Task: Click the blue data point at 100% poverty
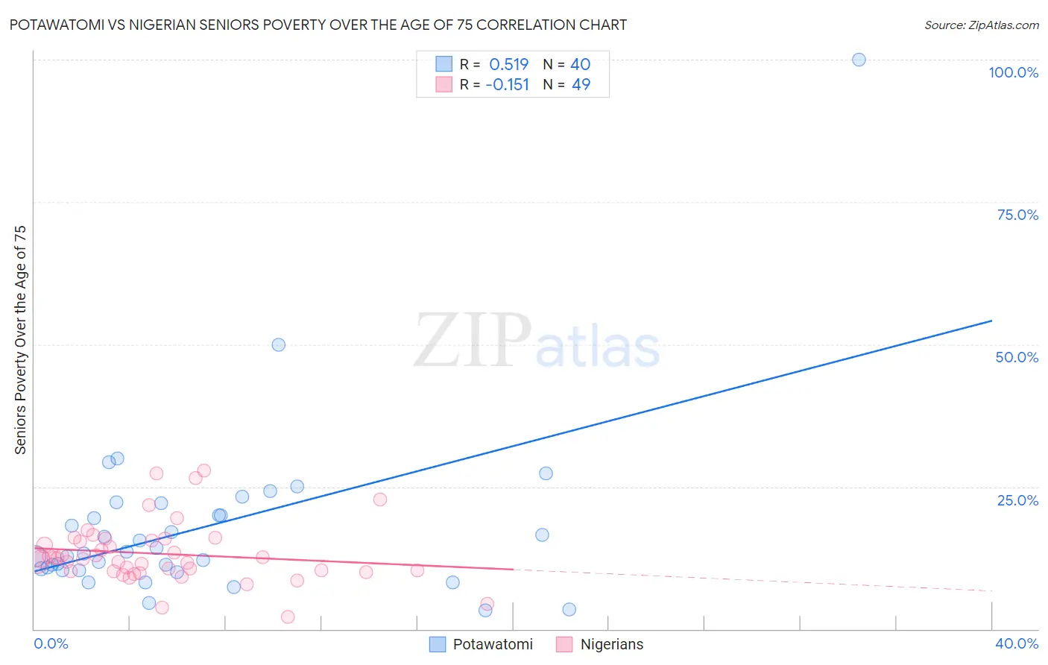click(859, 60)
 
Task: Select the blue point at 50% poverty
click(279, 344)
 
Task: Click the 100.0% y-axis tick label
click(1013, 72)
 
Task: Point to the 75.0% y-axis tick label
click(1017, 215)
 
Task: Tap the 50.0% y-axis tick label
click(1017, 357)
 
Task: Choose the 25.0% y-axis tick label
click(1017, 500)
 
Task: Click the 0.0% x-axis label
click(51, 643)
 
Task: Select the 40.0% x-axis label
click(1017, 643)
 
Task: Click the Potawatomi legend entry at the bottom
click(493, 644)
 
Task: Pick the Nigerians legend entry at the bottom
click(611, 644)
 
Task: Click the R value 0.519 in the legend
click(508, 65)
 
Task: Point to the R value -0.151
click(507, 85)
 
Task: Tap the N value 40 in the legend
click(580, 65)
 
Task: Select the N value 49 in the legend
click(581, 85)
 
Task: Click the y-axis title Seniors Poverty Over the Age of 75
click(20, 340)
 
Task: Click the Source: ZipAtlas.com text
click(981, 25)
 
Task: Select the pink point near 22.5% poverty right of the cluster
click(380, 499)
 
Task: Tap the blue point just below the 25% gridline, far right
click(546, 473)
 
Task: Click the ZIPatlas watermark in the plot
click(537, 341)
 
